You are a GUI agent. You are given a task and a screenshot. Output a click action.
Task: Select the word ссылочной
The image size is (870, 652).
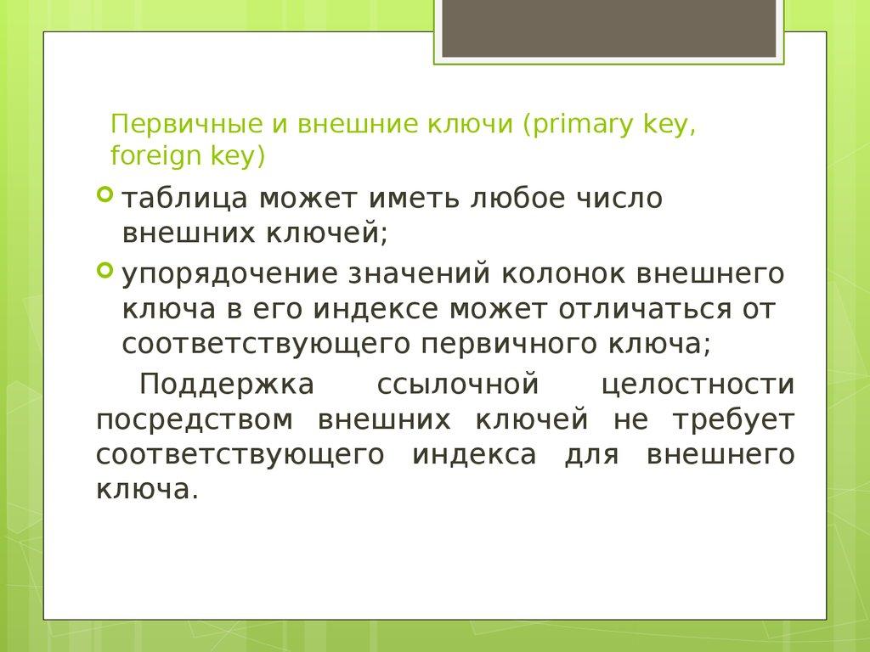click(457, 384)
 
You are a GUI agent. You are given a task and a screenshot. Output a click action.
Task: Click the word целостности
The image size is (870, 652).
click(698, 384)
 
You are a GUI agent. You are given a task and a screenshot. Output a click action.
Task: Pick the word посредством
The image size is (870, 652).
click(195, 419)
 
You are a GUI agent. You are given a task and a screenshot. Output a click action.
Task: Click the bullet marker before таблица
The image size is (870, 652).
click(105, 196)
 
